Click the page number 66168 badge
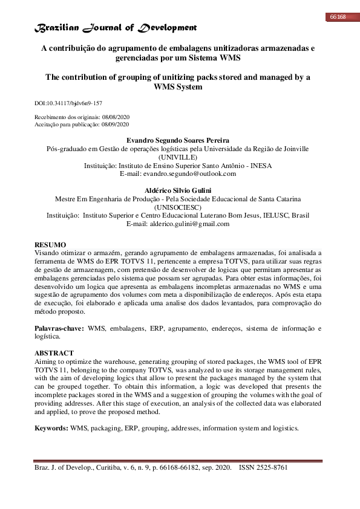click(337, 16)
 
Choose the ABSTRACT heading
click(54, 352)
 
